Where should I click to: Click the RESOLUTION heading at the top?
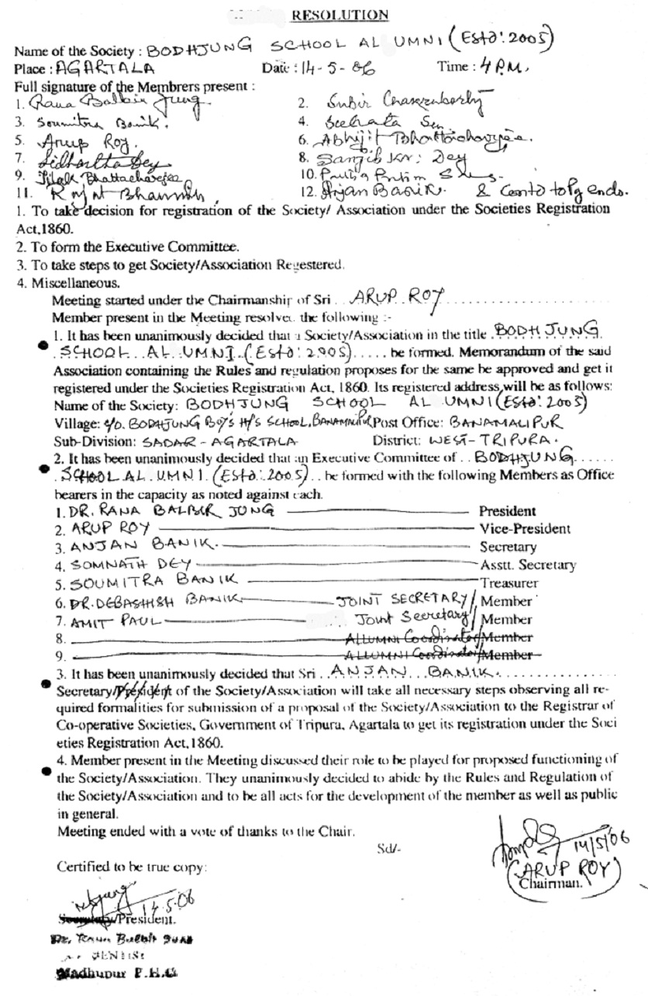340,15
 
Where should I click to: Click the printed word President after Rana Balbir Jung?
507,511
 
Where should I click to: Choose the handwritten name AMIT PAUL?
98,620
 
